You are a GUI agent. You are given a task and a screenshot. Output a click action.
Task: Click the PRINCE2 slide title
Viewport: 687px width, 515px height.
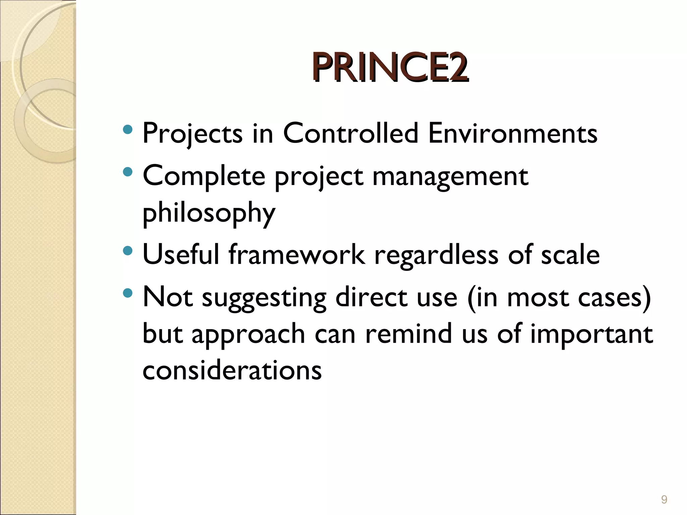[390, 68]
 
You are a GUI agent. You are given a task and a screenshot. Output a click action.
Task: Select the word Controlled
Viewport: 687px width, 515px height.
[350, 133]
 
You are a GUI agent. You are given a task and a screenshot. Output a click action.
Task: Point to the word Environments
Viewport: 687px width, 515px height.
[513, 133]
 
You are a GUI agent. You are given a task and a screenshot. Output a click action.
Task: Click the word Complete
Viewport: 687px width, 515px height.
[204, 177]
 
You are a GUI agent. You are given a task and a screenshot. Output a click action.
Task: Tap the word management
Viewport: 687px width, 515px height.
[450, 177]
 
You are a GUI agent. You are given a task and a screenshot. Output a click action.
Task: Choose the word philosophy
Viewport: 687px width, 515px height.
[209, 214]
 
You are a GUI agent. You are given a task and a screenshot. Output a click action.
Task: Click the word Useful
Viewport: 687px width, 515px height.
[181, 254]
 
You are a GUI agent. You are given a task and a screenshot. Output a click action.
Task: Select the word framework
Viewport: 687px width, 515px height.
[297, 254]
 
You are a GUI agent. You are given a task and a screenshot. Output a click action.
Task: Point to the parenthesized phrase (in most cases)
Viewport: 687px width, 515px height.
[559, 298]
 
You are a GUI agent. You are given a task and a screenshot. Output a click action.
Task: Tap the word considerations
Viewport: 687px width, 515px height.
[232, 370]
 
